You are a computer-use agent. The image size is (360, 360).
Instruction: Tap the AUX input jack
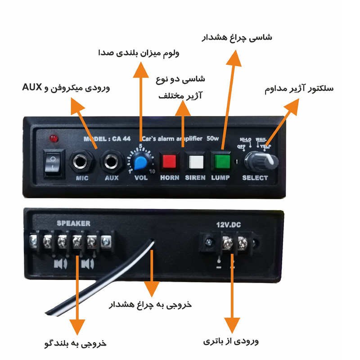[x=111, y=161]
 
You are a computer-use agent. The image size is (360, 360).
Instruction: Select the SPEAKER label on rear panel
[x=73, y=223]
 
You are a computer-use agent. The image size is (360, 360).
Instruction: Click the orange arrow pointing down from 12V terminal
[x=232, y=292]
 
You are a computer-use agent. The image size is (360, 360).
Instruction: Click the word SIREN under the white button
[x=195, y=178]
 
